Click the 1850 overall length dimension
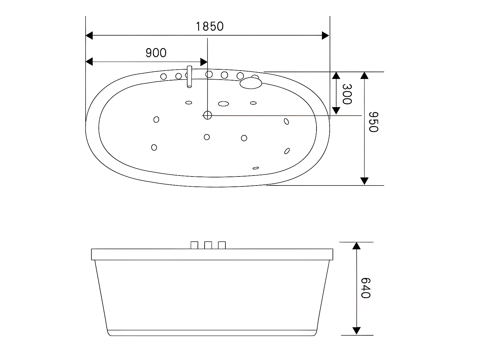point(210,26)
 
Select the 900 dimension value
point(156,53)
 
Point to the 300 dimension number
point(347,94)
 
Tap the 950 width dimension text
point(374,122)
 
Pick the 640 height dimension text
point(366,288)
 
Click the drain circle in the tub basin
point(207,115)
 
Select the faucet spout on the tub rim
point(190,77)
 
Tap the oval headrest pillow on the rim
point(251,83)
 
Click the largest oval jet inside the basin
point(224,104)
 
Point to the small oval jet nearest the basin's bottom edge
point(256,168)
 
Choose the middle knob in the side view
point(208,245)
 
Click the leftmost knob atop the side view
point(194,245)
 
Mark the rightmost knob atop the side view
point(222,245)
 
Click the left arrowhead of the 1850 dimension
point(89,36)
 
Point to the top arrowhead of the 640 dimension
point(356,246)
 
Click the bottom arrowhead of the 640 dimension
point(356,331)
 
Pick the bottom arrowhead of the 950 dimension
point(364,181)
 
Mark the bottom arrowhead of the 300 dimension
point(336,111)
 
